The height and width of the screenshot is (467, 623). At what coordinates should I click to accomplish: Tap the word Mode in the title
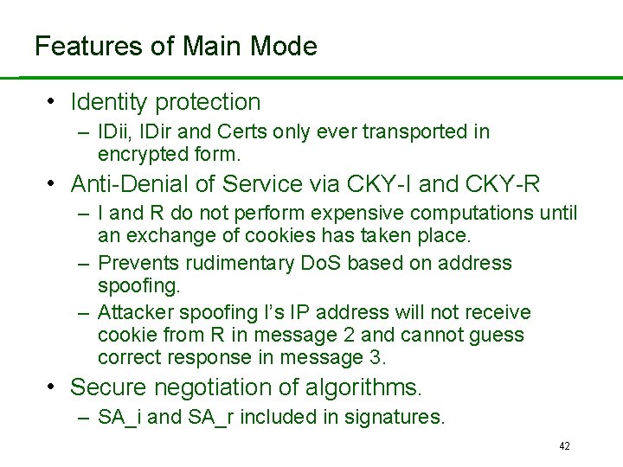point(284,46)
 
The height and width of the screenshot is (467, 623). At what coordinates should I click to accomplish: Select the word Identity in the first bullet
point(109,102)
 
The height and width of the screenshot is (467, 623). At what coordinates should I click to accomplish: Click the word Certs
point(246,132)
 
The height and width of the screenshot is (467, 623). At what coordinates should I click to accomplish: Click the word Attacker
point(135,312)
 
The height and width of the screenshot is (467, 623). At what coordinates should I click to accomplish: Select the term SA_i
point(122,418)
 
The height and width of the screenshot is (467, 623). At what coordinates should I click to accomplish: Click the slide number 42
point(564,446)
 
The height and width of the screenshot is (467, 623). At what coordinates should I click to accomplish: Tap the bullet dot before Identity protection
point(53,101)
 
